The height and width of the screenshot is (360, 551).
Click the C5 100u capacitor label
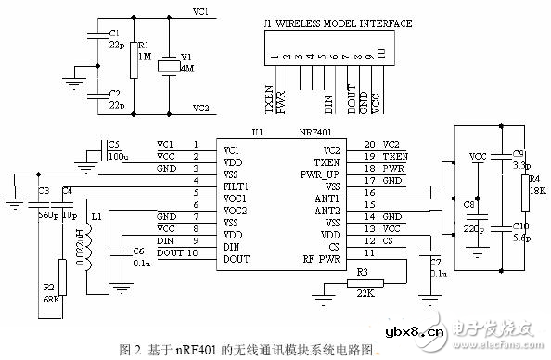tap(115, 150)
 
